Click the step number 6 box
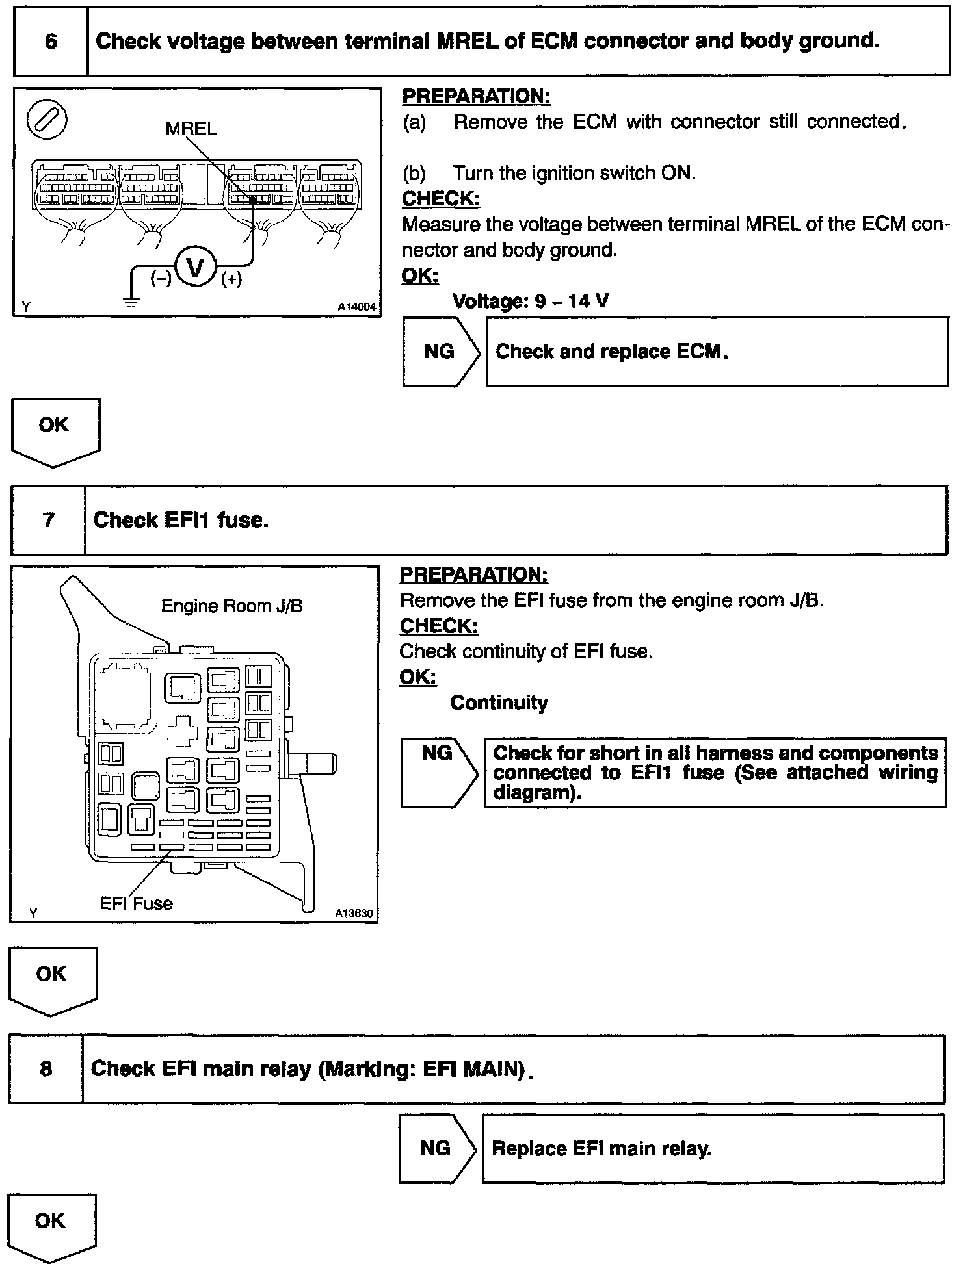[51, 42]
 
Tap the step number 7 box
[48, 520]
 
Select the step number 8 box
[46, 1068]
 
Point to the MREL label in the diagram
[191, 129]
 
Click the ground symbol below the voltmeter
[131, 301]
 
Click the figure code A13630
[354, 913]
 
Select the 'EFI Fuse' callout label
[137, 903]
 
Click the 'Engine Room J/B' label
[231, 606]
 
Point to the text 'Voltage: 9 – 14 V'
[531, 301]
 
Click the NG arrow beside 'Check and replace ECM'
[441, 352]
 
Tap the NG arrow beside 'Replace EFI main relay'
[437, 1148]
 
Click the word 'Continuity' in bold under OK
[499, 702]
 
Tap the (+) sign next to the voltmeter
[231, 279]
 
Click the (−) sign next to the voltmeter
[161, 279]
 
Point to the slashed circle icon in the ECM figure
[47, 120]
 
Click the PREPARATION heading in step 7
[473, 574]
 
